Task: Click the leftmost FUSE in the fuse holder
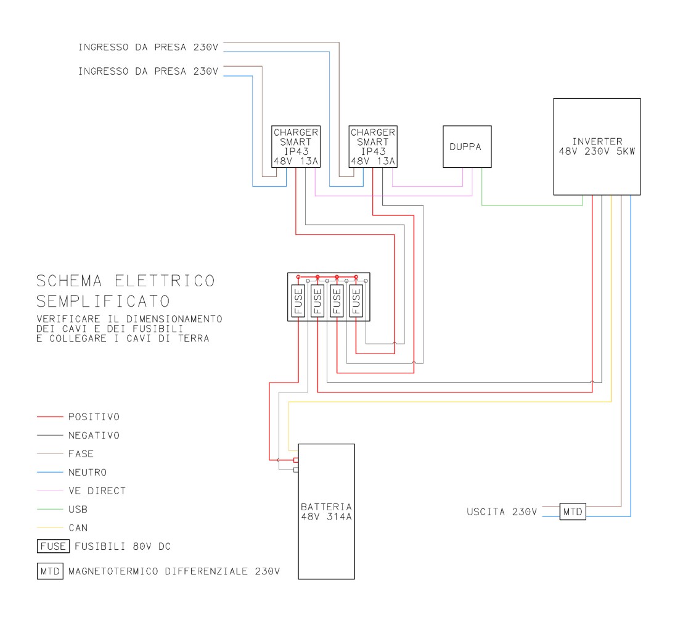pos(298,300)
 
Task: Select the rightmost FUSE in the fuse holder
pos(356,300)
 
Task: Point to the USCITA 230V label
pos(502,512)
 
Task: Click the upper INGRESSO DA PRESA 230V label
pos(148,47)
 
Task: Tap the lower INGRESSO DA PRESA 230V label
pos(148,71)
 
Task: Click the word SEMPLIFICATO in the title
pos(103,301)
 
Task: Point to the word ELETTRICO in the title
pos(165,281)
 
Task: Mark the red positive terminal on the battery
pos(296,460)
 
